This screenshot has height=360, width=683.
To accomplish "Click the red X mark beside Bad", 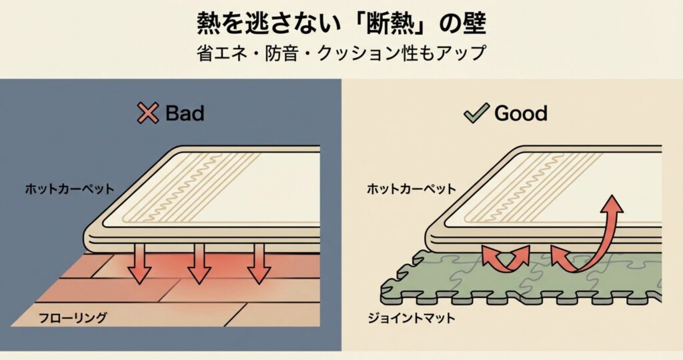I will pyautogui.click(x=147, y=113).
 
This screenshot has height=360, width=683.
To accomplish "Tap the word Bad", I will pyautogui.click(x=184, y=113).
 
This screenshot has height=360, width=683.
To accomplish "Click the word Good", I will pyautogui.click(x=520, y=113).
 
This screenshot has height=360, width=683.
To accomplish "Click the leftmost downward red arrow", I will pyautogui.click(x=139, y=263).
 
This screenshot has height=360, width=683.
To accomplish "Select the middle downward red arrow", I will pyautogui.click(x=199, y=263).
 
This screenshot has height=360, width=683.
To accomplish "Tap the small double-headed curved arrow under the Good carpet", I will pyautogui.click(x=506, y=257).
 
